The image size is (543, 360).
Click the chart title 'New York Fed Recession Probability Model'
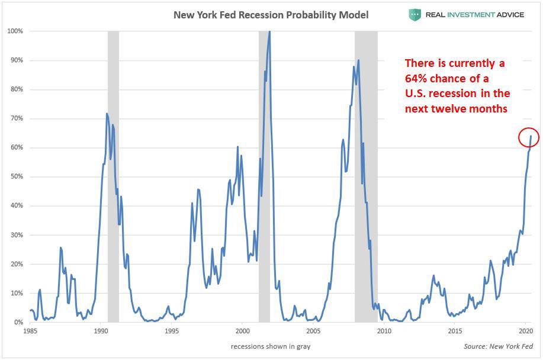(x=271, y=15)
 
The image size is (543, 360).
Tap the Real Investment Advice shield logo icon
(x=415, y=15)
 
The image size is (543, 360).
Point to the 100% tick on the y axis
(x=15, y=31)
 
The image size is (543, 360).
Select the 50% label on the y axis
(x=16, y=176)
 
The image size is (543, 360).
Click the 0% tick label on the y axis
(x=18, y=322)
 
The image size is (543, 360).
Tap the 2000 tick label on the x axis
(x=242, y=332)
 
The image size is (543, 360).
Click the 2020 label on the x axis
(x=526, y=332)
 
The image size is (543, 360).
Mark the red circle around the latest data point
(x=528, y=138)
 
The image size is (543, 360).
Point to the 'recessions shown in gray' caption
(x=271, y=346)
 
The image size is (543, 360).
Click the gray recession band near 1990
(x=113, y=178)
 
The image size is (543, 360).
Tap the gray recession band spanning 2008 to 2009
(x=366, y=178)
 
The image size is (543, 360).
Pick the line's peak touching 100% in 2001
(x=269, y=32)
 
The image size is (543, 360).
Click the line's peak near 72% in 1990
(x=107, y=114)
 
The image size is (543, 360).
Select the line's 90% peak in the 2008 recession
(x=358, y=60)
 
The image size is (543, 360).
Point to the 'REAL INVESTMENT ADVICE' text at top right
(x=474, y=15)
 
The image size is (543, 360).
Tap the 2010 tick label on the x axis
(x=384, y=332)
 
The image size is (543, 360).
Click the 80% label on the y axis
(x=16, y=89)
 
